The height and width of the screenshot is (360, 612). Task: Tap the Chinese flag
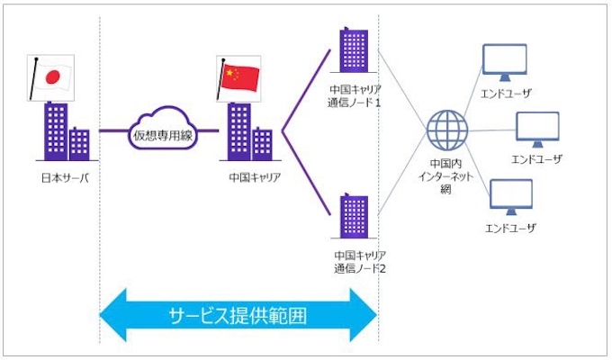(239, 76)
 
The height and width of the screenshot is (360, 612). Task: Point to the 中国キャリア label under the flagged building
(255, 177)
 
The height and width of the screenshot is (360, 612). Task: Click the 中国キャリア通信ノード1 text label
(355, 96)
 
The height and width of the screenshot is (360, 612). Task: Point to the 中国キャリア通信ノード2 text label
(356, 262)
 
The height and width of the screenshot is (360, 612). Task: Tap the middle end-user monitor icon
(537, 129)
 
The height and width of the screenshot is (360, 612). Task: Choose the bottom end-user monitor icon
(510, 196)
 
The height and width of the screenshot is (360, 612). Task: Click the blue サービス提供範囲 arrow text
(238, 316)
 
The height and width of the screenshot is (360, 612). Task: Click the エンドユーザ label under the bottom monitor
(510, 229)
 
